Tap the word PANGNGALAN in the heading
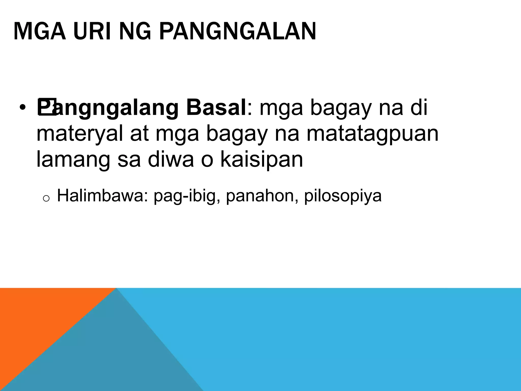pos(238,32)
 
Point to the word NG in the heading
pos(135,32)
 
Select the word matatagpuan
pos(372,134)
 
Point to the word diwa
pos(171,159)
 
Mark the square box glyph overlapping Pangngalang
pos(47,107)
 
